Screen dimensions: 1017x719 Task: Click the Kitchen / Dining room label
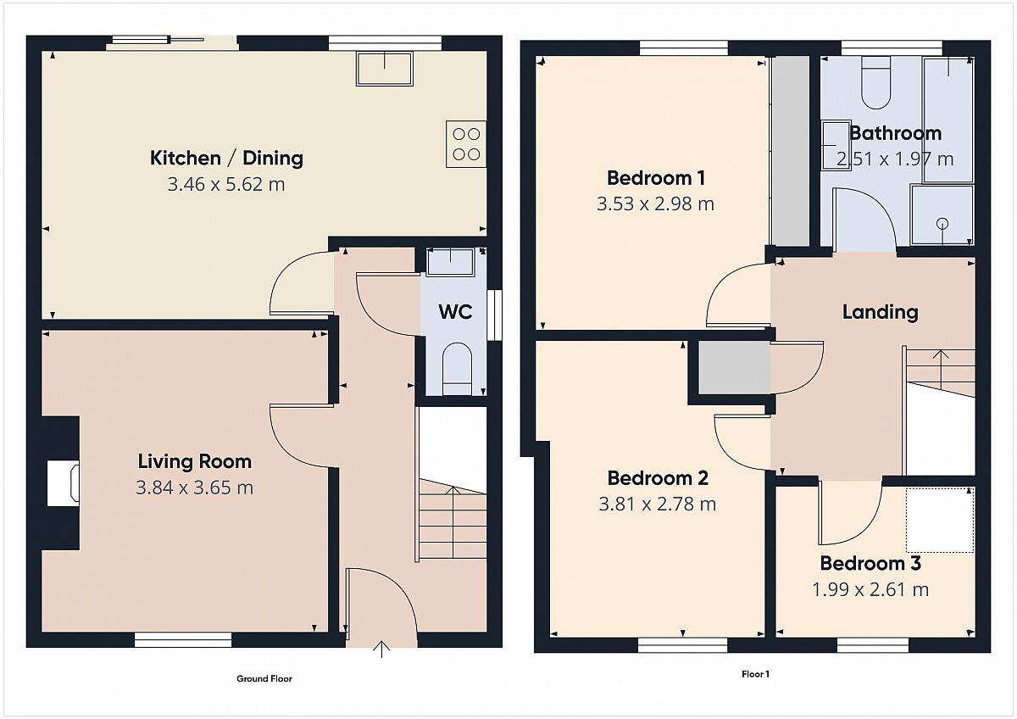(226, 158)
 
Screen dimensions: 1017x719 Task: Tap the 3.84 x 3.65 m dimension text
(195, 488)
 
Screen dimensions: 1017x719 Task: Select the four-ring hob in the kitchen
(466, 144)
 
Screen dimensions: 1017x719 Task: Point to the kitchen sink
(385, 69)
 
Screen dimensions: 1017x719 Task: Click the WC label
(455, 311)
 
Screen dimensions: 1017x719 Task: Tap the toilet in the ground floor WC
(457, 369)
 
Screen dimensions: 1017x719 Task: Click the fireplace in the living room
(63, 483)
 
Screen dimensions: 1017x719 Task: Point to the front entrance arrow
(381, 649)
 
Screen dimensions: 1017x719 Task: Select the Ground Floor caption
(264, 678)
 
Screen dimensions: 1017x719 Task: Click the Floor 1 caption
(755, 674)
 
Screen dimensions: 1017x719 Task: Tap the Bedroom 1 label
(656, 177)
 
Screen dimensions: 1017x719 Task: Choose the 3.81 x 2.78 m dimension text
(658, 504)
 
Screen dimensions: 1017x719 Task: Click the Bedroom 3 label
(870, 563)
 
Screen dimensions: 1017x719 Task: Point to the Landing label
(881, 312)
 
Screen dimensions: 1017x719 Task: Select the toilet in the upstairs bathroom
(875, 83)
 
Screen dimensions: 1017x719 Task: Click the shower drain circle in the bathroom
(942, 224)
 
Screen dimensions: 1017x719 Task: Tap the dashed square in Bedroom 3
(940, 520)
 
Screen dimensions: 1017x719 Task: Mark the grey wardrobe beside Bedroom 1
(791, 151)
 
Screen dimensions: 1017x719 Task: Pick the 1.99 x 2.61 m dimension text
(870, 589)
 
